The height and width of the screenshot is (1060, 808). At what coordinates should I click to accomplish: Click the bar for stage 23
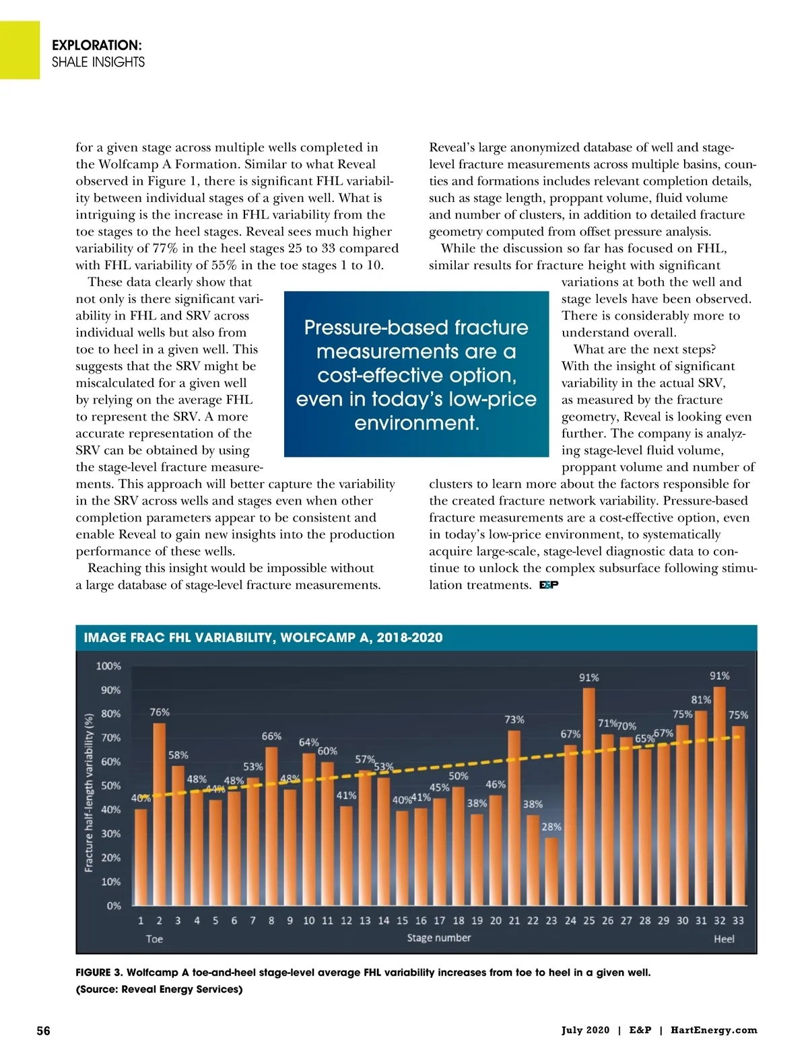click(551, 872)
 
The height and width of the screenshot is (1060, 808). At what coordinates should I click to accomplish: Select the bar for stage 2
click(160, 814)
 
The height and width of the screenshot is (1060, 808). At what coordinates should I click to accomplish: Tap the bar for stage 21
click(514, 818)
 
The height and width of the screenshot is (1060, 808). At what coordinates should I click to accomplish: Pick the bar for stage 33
click(738, 816)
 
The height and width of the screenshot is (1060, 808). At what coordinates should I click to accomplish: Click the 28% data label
click(551, 826)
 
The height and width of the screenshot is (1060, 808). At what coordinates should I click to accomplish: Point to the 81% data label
click(701, 700)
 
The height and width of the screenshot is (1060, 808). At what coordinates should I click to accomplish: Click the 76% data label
click(160, 712)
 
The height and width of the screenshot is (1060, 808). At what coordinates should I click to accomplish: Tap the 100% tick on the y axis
click(108, 666)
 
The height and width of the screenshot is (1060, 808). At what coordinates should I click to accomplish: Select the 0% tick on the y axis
click(114, 906)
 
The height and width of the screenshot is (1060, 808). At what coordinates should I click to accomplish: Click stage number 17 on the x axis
click(440, 920)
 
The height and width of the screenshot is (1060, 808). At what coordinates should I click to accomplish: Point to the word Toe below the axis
click(154, 939)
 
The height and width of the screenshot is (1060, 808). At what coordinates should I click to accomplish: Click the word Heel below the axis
click(724, 939)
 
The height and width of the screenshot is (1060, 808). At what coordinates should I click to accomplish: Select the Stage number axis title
click(439, 938)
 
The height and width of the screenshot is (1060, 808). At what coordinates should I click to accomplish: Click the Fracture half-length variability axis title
click(88, 793)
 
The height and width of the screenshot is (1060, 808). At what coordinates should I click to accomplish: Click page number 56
click(43, 1030)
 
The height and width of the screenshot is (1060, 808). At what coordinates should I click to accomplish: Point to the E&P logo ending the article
click(549, 585)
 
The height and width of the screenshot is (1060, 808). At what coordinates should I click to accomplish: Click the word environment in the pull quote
click(416, 423)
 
